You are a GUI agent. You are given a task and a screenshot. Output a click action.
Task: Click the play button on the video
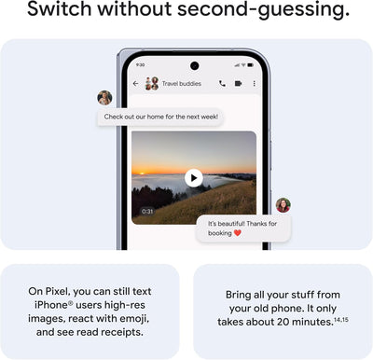point(193,177)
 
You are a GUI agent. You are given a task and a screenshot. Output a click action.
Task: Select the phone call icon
point(222,83)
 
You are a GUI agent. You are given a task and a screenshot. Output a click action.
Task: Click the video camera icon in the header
point(238,83)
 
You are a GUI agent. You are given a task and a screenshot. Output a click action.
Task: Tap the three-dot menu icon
point(254,83)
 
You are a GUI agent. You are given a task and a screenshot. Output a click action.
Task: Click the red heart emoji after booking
point(238,233)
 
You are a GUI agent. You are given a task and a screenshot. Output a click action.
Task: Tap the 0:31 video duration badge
point(147,212)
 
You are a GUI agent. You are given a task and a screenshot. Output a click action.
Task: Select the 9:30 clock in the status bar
point(140,65)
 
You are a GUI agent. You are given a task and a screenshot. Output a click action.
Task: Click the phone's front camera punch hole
point(194,65)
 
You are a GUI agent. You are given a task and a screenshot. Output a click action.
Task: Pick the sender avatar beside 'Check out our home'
point(104,98)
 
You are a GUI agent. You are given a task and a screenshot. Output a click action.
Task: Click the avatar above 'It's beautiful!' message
point(283,205)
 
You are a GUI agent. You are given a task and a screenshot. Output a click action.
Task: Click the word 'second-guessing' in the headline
point(266,12)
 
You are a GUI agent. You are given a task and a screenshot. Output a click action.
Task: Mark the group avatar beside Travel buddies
point(151,83)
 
